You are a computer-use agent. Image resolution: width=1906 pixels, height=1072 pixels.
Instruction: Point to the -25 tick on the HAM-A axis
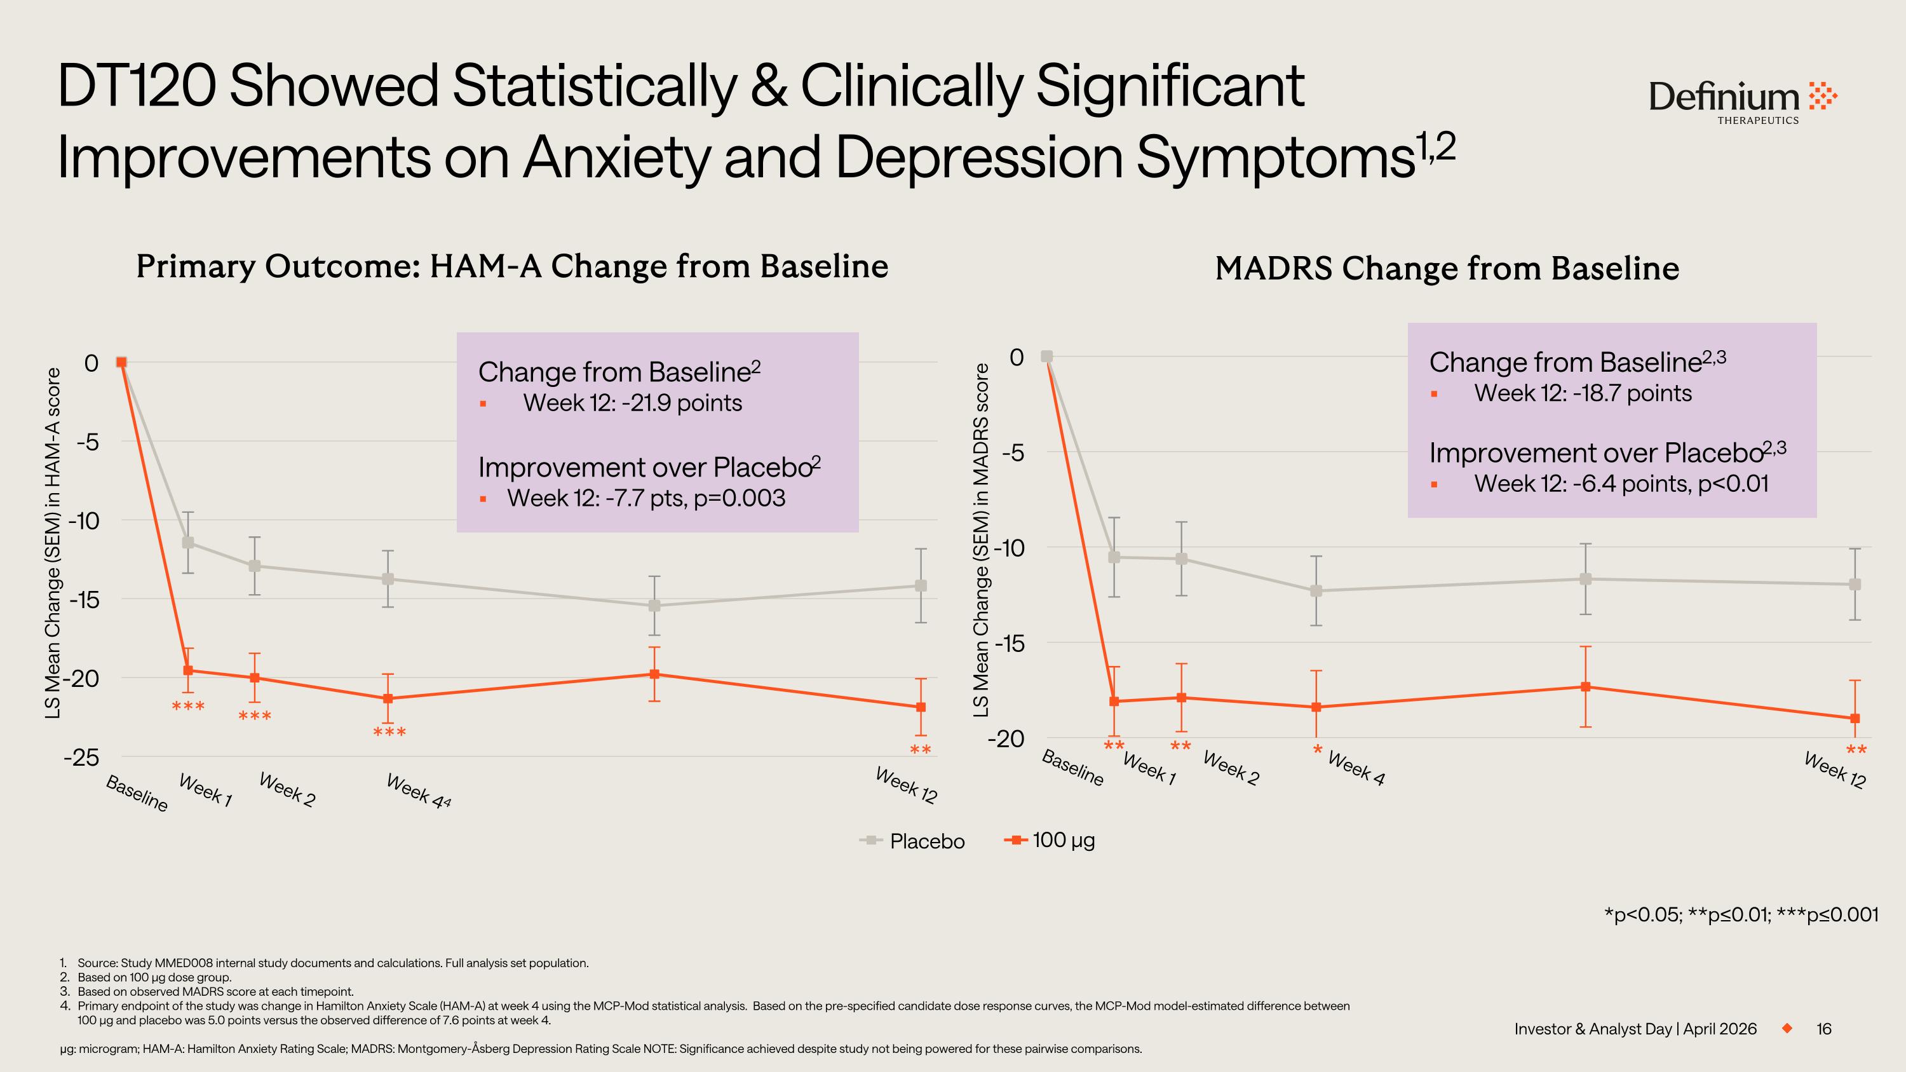tap(81, 757)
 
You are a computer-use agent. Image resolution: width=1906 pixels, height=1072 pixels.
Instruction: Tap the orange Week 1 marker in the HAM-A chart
tap(188, 670)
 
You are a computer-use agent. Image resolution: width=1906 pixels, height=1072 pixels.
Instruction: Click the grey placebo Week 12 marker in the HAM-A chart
tap(921, 586)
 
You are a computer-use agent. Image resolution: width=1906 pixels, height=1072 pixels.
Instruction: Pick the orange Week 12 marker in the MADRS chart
tap(1854, 718)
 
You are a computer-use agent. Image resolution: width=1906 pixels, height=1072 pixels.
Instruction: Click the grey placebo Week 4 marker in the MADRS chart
tap(1316, 590)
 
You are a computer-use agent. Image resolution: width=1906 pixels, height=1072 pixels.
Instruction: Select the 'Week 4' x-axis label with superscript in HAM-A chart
tap(418, 792)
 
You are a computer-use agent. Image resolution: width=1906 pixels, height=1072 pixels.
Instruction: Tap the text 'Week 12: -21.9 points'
tap(632, 404)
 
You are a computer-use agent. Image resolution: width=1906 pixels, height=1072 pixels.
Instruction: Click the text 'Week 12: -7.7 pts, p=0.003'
tap(646, 499)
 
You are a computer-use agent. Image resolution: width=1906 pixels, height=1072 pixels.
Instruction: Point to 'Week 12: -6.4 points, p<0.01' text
tap(1620, 484)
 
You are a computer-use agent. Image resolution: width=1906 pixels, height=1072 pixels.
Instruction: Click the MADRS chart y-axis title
tap(981, 540)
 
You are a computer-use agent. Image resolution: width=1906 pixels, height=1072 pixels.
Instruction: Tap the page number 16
tap(1824, 1029)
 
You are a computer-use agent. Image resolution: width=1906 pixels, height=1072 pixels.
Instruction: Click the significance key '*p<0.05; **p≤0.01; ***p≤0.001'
tap(1740, 915)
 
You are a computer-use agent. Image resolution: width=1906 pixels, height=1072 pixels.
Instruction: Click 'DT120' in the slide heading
tap(136, 86)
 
